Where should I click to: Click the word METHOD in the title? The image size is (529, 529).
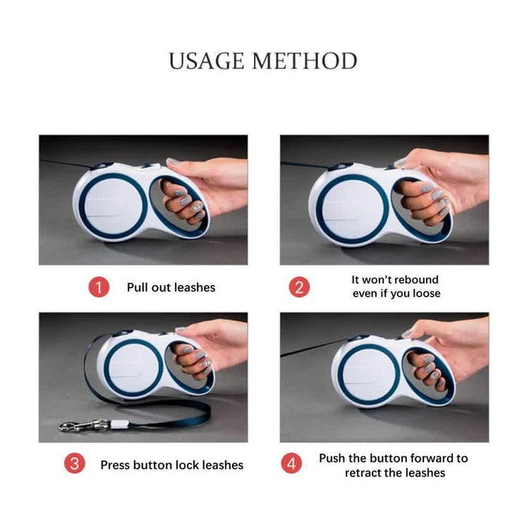[305, 61]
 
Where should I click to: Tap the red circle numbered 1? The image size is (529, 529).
[99, 287]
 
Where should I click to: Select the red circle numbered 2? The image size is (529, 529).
[299, 287]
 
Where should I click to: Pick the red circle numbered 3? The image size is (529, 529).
[75, 463]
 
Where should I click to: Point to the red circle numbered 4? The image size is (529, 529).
[291, 463]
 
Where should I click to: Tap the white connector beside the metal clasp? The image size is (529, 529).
[118, 424]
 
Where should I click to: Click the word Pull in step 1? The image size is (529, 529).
[138, 288]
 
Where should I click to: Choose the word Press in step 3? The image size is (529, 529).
[115, 465]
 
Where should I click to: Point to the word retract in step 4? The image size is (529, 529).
[363, 473]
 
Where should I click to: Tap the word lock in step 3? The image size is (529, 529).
[187, 465]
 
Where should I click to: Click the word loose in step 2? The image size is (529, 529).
[427, 293]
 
